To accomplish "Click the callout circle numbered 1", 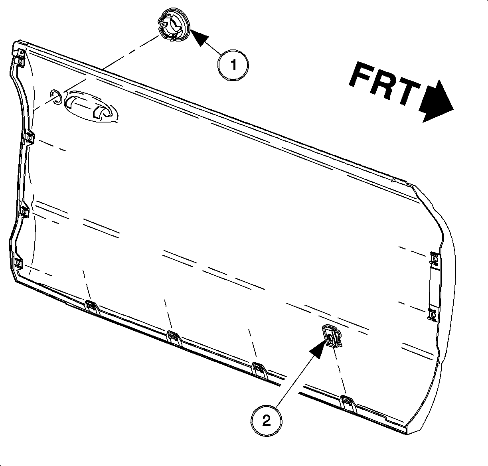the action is (x=233, y=65).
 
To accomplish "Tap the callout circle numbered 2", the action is (x=266, y=421).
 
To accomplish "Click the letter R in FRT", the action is (x=385, y=85).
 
